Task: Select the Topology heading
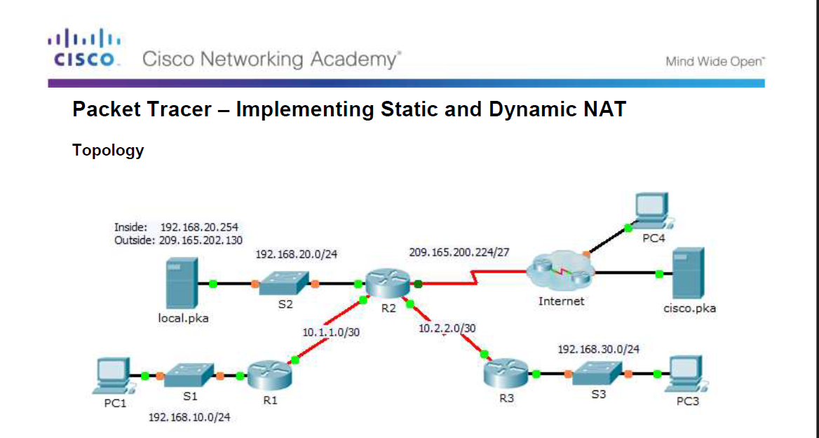[108, 150]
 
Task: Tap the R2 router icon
[384, 284]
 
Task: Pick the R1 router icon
[270, 376]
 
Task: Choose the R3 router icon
[506, 375]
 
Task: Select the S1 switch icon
[190, 376]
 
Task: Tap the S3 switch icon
[597, 374]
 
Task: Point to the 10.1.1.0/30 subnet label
[330, 332]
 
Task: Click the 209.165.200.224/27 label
[459, 252]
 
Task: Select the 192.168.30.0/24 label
[598, 348]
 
